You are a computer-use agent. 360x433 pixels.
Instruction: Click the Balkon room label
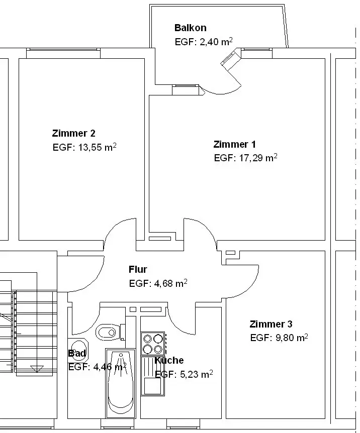(x=190, y=28)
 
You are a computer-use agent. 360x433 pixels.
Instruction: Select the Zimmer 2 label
(x=73, y=133)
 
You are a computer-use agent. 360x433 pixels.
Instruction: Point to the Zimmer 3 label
(x=271, y=324)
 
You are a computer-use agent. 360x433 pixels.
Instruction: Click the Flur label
(x=138, y=270)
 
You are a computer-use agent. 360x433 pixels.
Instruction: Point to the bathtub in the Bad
(x=121, y=384)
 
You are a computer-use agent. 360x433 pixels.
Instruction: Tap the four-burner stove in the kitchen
(x=153, y=344)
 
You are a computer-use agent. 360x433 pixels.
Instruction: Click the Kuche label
(x=169, y=360)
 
